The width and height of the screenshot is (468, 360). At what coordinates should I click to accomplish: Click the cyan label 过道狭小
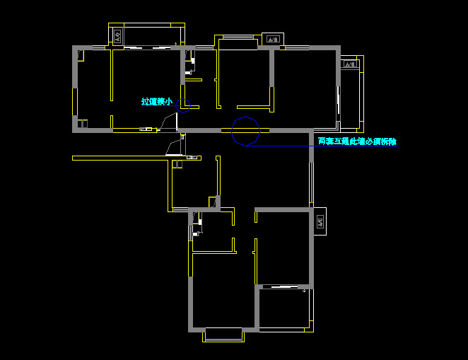tap(156, 102)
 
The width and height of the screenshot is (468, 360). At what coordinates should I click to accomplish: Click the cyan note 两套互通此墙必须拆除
tap(356, 141)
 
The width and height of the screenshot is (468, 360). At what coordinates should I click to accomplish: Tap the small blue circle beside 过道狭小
tap(183, 105)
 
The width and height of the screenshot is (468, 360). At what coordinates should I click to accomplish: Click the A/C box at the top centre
tap(271, 39)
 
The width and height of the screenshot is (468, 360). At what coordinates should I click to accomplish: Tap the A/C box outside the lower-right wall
tap(319, 222)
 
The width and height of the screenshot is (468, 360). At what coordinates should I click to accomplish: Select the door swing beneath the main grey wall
tap(174, 147)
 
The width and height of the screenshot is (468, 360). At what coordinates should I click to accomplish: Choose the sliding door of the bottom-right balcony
tap(283, 288)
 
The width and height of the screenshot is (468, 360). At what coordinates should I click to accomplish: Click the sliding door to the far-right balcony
tap(338, 106)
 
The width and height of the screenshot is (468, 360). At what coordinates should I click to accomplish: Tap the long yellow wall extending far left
tap(120, 158)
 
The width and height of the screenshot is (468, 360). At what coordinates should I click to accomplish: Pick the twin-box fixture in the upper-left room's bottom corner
tap(82, 124)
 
